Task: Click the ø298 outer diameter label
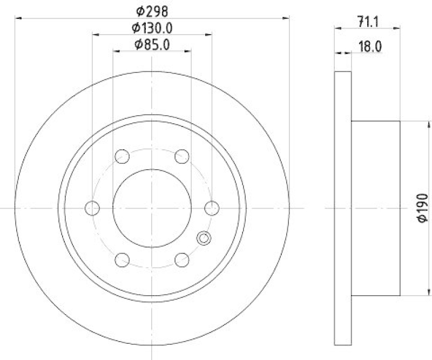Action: coord(152,10)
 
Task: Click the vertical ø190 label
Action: coord(423,208)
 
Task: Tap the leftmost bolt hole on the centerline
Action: coord(93,208)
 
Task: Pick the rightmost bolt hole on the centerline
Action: coord(213,208)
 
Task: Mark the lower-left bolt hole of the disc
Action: coord(123,259)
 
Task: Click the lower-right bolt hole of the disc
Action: coord(183,259)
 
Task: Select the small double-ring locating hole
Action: coord(204,237)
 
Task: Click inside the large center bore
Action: coord(152,208)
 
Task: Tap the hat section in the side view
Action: coord(375,208)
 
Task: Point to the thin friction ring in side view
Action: coord(343,208)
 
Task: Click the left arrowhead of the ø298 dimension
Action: coord(18,18)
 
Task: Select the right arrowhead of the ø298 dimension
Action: coord(287,18)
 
